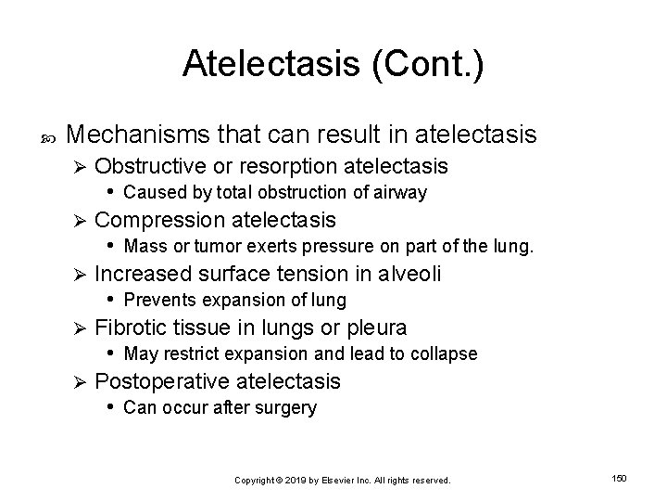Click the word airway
[x=400, y=192]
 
